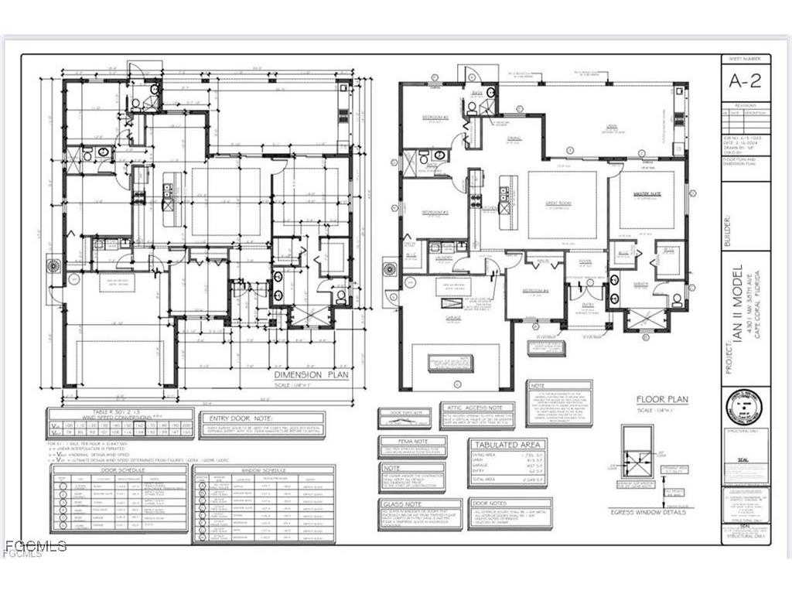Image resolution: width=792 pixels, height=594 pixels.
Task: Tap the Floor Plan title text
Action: click(661, 400)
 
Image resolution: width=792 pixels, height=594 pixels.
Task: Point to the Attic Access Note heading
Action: click(476, 407)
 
